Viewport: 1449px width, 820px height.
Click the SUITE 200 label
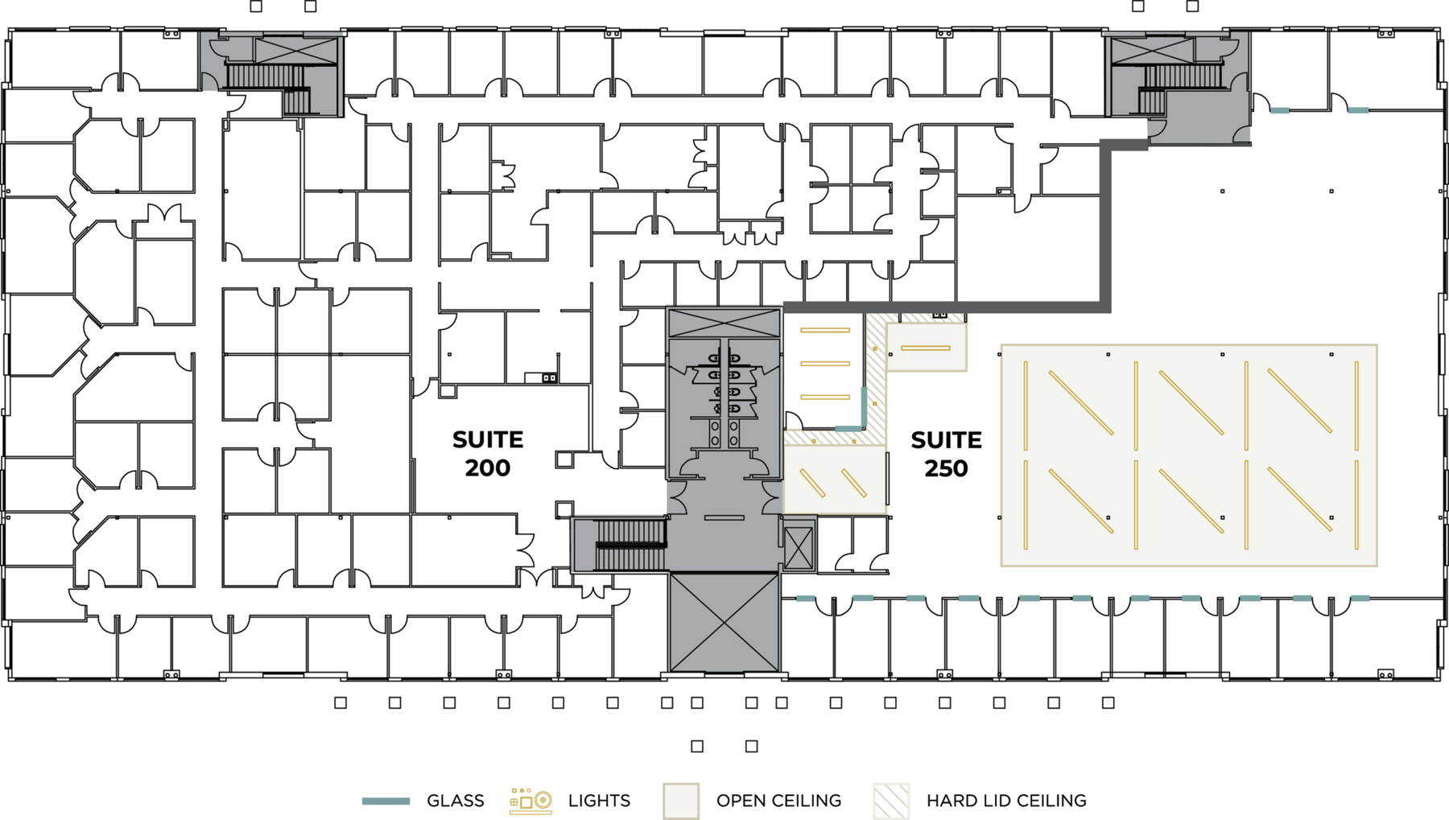pos(488,454)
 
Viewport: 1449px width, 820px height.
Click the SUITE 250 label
pos(946,454)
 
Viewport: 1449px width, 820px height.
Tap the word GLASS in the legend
pos(456,801)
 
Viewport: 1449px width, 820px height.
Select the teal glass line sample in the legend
pos(386,801)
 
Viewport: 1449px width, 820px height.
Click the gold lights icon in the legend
pos(530,801)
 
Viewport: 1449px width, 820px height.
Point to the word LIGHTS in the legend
pos(599,801)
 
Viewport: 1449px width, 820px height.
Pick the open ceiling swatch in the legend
pos(681,801)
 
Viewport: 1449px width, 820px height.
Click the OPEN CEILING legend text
pos(778,801)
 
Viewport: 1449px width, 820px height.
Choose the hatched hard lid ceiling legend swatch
pos(891,801)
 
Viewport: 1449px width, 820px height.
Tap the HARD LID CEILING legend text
pos(1006,801)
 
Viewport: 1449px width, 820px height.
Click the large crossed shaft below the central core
pos(724,622)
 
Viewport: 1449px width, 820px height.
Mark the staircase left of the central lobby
pos(630,546)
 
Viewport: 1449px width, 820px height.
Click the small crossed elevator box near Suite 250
pos(799,548)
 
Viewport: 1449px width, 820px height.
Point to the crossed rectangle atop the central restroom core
pos(724,323)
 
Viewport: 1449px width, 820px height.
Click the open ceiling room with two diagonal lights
pos(835,480)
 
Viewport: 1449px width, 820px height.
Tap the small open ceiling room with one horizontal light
pos(926,348)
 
